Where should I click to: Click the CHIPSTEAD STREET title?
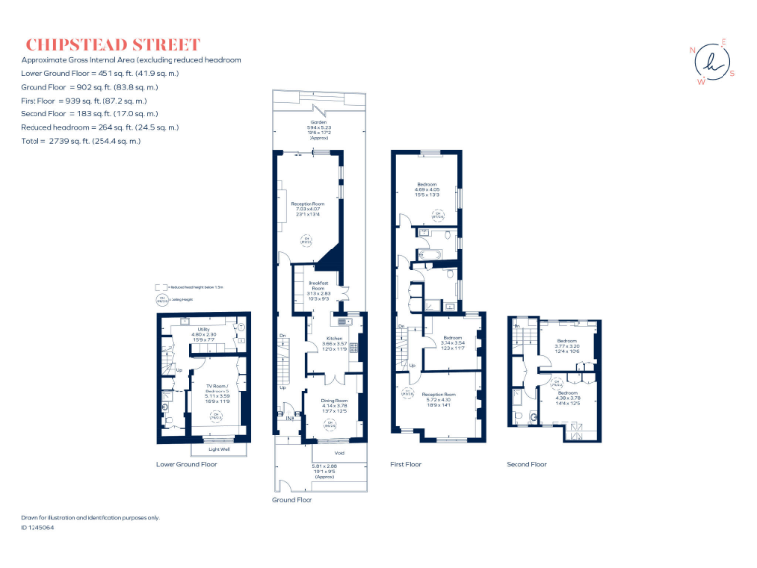tap(112, 44)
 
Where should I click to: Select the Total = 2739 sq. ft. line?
tap(81, 141)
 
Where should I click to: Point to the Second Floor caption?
tap(526, 464)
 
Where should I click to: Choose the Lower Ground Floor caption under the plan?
tap(186, 464)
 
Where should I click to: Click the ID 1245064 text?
tap(38, 528)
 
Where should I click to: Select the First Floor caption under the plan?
tap(405, 464)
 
